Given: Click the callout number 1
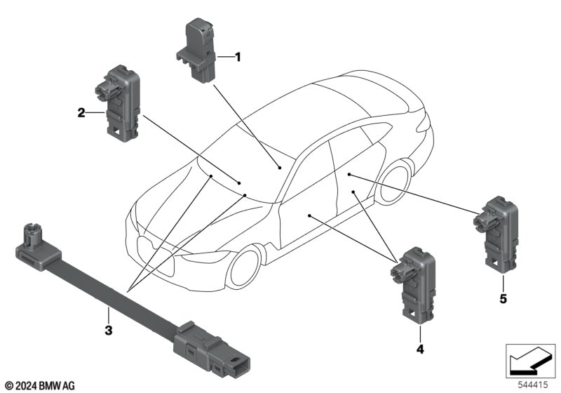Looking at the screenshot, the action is (x=238, y=57).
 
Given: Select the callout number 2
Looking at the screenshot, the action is (x=81, y=113).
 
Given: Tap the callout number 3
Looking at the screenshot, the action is (x=109, y=330).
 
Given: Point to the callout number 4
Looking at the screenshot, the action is (x=420, y=349).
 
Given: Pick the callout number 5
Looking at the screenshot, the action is (x=503, y=298).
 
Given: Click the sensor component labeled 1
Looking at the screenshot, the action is (x=196, y=51).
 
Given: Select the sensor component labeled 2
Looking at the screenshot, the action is (x=117, y=103).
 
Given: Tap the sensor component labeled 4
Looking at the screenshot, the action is (x=413, y=282).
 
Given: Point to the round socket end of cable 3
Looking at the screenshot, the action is (x=36, y=247).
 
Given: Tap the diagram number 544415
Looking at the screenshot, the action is (x=533, y=385).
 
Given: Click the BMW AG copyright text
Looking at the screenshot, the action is (x=40, y=385).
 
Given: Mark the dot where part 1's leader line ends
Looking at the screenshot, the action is (x=280, y=167).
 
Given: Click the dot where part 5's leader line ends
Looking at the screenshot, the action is (x=349, y=174).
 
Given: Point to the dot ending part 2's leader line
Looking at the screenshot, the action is (x=239, y=183).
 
